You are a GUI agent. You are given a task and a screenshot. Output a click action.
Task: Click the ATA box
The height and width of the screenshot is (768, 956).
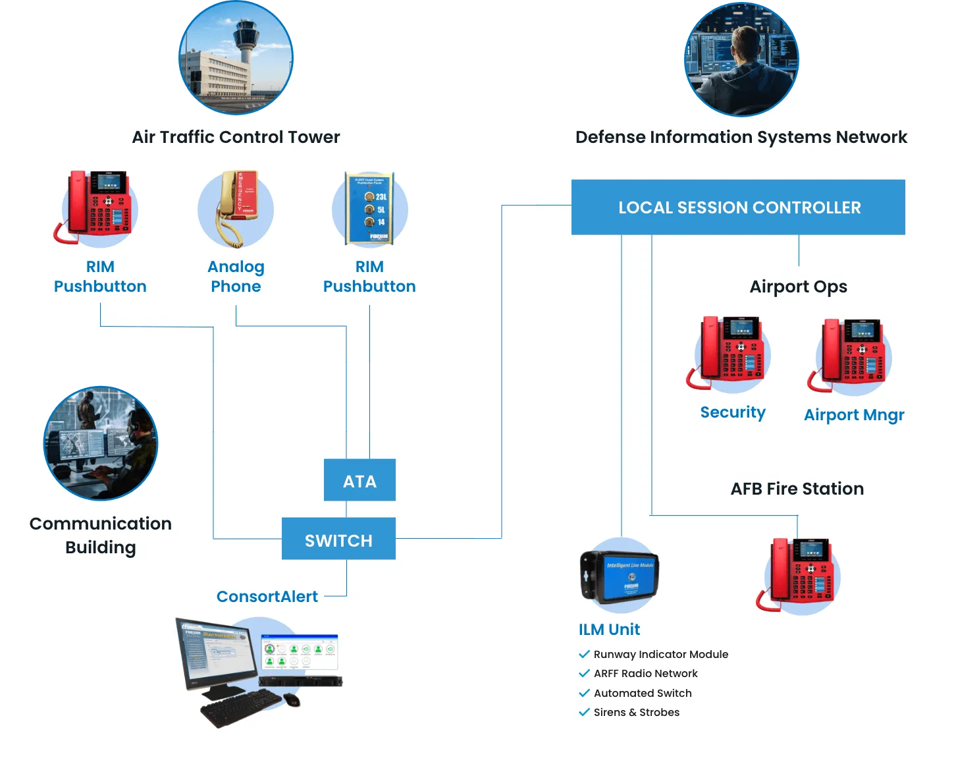click(359, 480)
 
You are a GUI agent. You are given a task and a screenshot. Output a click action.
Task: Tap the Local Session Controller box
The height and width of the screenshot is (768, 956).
click(738, 207)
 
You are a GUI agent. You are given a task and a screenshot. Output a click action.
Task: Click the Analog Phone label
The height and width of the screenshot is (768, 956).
click(236, 277)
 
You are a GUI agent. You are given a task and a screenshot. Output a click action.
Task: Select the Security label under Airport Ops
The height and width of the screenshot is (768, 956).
click(733, 412)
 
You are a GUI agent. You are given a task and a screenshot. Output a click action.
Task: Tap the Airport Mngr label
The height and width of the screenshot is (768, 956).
click(854, 415)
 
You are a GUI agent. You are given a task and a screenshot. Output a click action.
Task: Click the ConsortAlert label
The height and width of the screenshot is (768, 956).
click(267, 597)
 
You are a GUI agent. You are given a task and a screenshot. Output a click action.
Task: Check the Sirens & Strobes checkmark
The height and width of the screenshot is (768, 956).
click(584, 712)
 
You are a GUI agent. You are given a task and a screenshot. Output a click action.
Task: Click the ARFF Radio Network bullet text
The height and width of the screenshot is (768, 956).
click(645, 673)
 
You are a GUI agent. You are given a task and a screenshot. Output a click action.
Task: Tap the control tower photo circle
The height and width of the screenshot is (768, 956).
click(236, 57)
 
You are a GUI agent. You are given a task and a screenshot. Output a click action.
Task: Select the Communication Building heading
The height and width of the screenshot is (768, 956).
click(101, 535)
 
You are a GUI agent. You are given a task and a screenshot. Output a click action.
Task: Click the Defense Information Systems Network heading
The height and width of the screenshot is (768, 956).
click(741, 137)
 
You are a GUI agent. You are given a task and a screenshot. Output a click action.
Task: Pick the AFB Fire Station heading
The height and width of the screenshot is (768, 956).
click(797, 489)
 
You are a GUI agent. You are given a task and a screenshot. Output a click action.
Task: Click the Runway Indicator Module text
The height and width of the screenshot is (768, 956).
click(660, 654)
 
